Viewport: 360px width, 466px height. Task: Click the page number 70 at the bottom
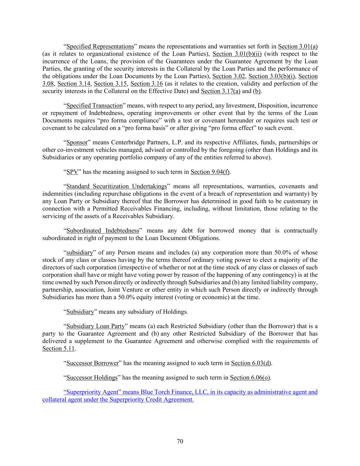pos(180,441)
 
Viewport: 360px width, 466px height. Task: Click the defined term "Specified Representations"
pos(100,46)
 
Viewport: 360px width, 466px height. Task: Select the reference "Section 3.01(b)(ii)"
pos(237,54)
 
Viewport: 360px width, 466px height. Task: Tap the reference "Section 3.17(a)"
pos(220,91)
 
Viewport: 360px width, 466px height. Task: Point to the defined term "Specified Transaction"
pos(94,106)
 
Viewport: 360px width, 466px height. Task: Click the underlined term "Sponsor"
pos(77,143)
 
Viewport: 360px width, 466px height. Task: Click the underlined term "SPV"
pos(72,172)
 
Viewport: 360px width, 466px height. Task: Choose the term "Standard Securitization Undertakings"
pos(116,186)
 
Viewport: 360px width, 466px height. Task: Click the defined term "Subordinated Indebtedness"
pos(103,231)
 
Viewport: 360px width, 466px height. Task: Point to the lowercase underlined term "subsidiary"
pos(80,253)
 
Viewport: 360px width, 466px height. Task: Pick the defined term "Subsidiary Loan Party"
pos(95,326)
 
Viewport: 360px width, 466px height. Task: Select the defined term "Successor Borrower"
pos(92,363)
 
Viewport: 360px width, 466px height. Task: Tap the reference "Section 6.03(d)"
pos(251,363)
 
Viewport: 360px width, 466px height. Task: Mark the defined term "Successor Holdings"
pos(92,378)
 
